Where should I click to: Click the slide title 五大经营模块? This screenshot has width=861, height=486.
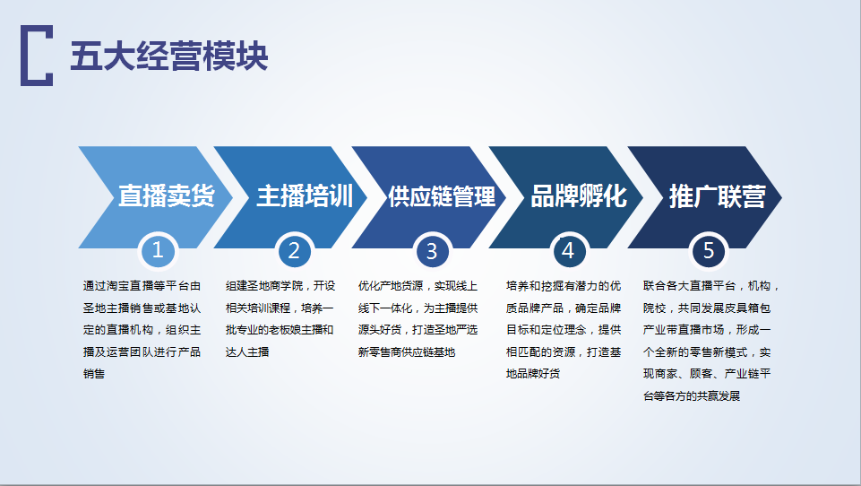pyautogui.click(x=169, y=56)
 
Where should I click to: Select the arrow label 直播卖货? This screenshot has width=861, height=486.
pyautogui.click(x=167, y=196)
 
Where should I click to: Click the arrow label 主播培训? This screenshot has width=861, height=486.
pyautogui.click(x=305, y=196)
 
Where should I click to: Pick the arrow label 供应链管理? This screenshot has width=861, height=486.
pyautogui.click(x=442, y=196)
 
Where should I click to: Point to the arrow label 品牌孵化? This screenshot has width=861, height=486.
pyautogui.click(x=579, y=196)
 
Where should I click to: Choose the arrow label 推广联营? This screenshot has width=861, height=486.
pyautogui.click(x=717, y=196)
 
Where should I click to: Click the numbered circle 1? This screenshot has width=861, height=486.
pyautogui.click(x=158, y=251)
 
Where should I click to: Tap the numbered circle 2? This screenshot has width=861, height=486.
pyautogui.click(x=295, y=251)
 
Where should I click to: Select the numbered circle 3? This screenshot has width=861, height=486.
pyautogui.click(x=432, y=251)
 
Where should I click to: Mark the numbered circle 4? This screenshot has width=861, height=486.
pyautogui.click(x=568, y=251)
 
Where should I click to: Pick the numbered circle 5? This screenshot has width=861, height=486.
pyautogui.click(x=709, y=251)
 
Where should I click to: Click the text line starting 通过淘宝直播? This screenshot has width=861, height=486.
pyautogui.click(x=142, y=286)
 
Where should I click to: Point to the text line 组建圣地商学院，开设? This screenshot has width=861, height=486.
pyautogui.click(x=280, y=286)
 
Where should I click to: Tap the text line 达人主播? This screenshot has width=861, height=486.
pyautogui.click(x=247, y=351)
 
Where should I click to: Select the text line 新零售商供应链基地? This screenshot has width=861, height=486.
pyautogui.click(x=407, y=351)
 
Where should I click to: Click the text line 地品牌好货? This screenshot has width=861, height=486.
pyautogui.click(x=532, y=374)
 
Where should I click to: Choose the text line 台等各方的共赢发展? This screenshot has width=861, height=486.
pyautogui.click(x=692, y=395)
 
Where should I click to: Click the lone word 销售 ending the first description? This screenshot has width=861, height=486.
pyautogui.click(x=94, y=374)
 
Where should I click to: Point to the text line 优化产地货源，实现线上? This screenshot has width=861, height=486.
pyautogui.click(x=418, y=286)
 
